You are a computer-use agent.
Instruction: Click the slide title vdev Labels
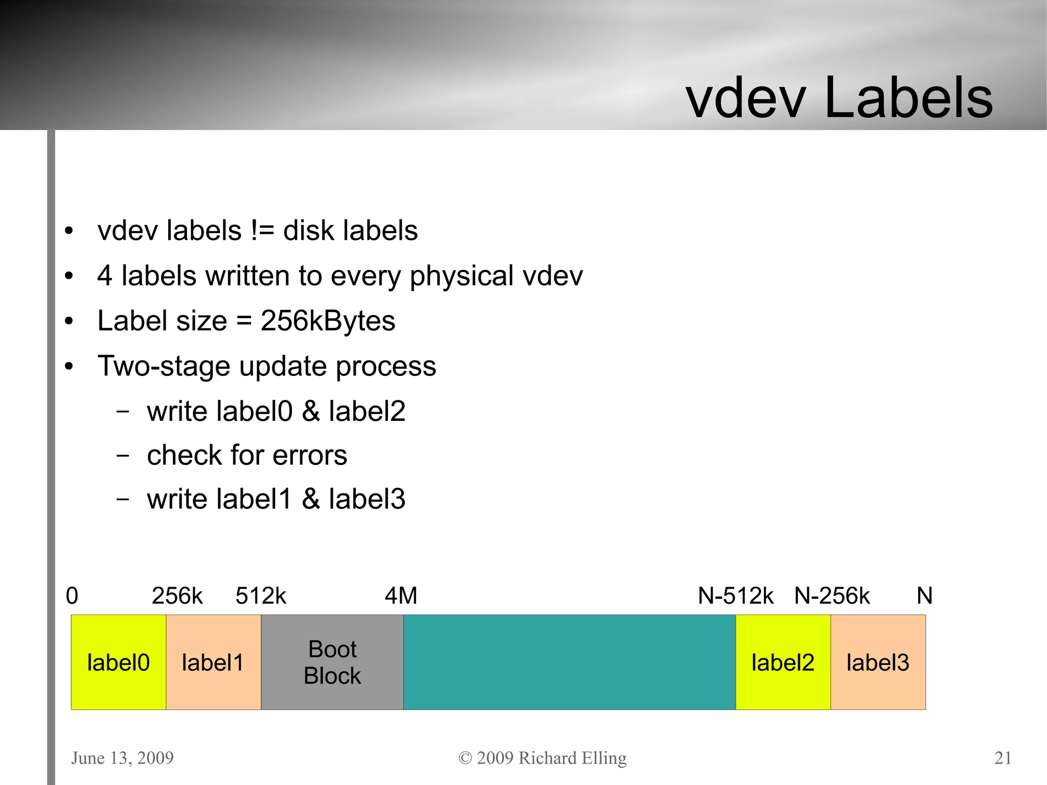839,97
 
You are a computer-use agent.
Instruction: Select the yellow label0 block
118,662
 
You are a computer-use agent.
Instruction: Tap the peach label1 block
213,662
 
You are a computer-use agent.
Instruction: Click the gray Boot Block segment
332,662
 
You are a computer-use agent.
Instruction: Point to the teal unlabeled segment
569,662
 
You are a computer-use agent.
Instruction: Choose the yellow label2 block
783,662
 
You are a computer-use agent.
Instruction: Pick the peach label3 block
878,662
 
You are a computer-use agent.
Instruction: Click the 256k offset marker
177,596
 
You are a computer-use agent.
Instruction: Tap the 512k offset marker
261,596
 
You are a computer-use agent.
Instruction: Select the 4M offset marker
401,596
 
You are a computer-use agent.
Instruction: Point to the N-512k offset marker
736,596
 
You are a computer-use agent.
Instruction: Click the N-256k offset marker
832,596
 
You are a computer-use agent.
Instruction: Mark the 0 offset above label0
72,596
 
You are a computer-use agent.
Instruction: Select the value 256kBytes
328,321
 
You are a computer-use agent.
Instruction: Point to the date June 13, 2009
122,757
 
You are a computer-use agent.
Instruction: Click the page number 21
1003,757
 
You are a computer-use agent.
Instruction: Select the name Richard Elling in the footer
573,757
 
